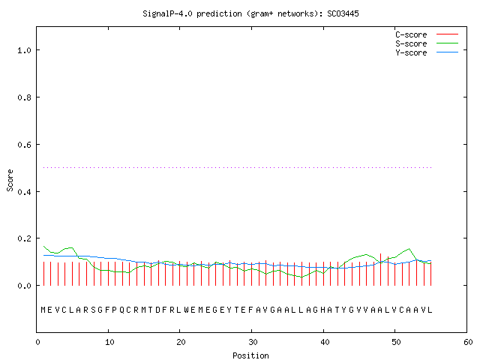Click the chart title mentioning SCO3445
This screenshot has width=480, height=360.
(250, 13)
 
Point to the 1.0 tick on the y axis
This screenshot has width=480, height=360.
(25, 50)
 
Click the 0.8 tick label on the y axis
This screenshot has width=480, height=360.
(25, 97)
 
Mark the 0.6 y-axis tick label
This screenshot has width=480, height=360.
(25, 145)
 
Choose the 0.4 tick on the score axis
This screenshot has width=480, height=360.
(25, 192)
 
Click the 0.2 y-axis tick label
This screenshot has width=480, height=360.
(25, 238)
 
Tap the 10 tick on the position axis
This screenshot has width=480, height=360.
(109, 342)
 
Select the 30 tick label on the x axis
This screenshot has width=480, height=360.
(253, 342)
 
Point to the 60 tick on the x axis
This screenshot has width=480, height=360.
(468, 342)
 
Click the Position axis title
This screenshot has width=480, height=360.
(250, 355)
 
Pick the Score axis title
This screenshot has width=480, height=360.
(10, 180)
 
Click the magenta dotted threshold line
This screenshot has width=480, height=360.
(238, 167)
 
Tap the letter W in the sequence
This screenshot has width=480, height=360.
(186, 310)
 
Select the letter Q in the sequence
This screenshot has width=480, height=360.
(121, 310)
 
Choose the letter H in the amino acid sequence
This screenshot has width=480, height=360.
(322, 310)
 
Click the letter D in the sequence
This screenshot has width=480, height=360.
(157, 310)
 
